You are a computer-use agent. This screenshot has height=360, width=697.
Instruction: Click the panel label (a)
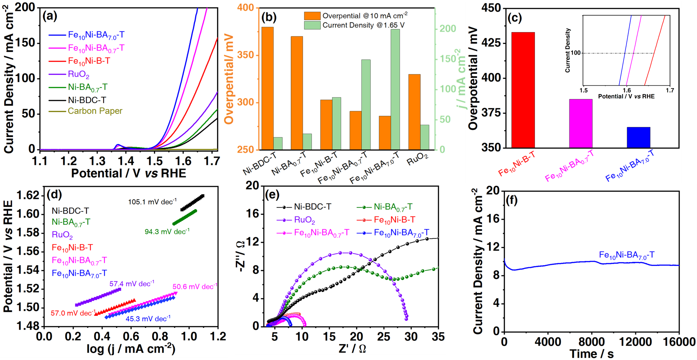[49, 16]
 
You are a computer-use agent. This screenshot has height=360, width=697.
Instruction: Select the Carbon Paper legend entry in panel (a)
[95, 111]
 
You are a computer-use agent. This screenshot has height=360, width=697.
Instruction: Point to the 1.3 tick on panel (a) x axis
[97, 161]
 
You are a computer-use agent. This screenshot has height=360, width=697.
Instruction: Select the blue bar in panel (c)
[638, 137]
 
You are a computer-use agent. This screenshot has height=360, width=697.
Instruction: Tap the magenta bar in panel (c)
[581, 123]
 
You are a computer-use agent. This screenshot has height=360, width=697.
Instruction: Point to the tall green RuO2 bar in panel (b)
[425, 137]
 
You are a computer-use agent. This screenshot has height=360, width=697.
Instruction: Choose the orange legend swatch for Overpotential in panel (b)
[312, 16]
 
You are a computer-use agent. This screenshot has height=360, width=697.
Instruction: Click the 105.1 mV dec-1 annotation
[152, 202]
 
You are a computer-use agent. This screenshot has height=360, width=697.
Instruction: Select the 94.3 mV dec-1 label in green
[167, 232]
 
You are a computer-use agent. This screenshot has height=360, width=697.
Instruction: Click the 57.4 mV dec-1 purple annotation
[132, 284]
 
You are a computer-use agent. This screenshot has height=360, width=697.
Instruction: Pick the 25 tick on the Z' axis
[383, 337]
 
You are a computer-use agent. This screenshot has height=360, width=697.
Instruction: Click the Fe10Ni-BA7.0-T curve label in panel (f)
[627, 255]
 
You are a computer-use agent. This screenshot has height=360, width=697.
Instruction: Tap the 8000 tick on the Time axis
[592, 342]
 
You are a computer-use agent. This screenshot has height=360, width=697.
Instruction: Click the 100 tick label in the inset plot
[575, 53]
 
